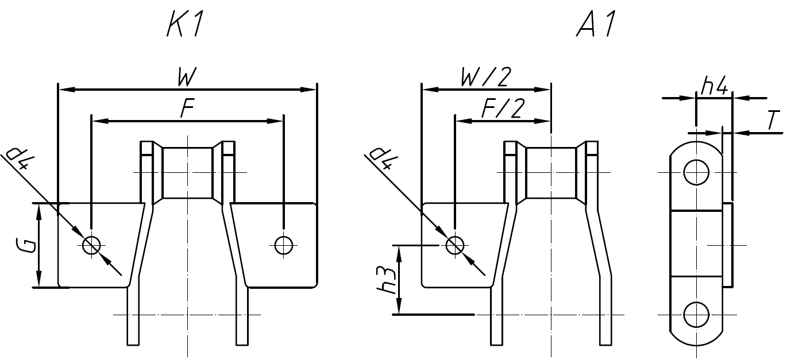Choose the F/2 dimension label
tap(502, 110)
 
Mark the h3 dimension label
tap(389, 281)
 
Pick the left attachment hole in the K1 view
tap(91, 245)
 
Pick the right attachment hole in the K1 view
tap(283, 245)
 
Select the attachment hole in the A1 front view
tap(455, 245)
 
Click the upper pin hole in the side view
tap(696, 172)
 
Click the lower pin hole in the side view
tap(696, 315)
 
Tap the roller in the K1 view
tap(188, 172)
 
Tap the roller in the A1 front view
tap(551, 172)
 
